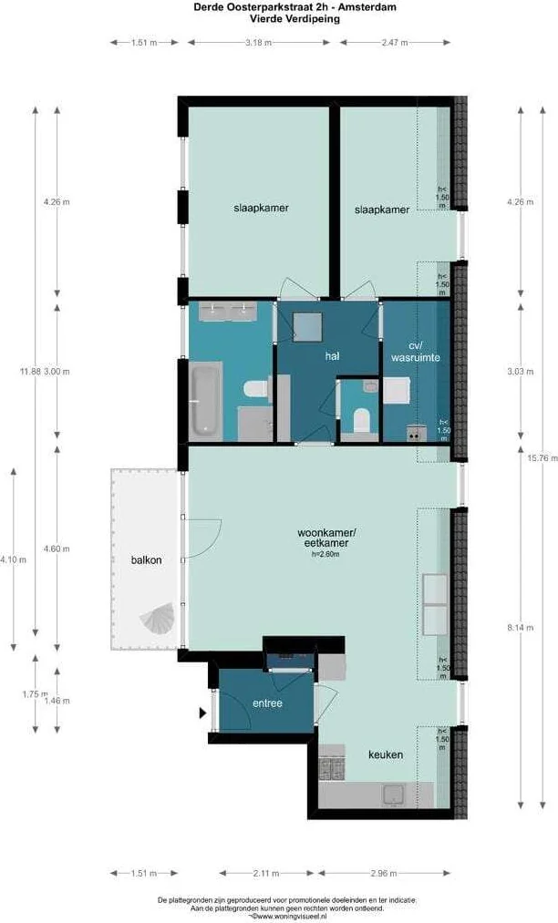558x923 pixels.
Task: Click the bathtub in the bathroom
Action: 206,398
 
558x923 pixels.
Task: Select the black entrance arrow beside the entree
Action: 202,714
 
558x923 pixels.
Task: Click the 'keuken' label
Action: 385,754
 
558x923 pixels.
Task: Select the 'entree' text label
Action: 267,703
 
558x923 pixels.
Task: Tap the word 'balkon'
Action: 146,560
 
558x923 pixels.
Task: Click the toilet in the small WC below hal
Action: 360,422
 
